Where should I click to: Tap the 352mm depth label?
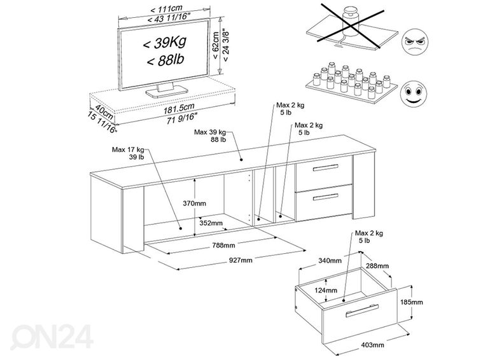tap(210, 223)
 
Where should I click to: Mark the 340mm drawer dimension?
tap(331, 260)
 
